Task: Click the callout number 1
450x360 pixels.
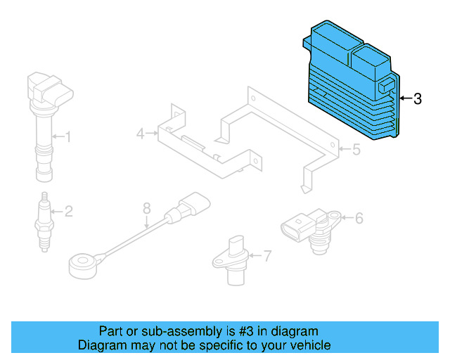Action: [x=67, y=136]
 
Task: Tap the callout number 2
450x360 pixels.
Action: [x=69, y=212]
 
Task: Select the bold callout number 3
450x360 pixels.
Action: [x=418, y=98]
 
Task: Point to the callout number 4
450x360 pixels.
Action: [x=141, y=134]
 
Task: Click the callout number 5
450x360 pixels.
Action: [x=356, y=150]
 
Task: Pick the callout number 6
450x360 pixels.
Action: [x=359, y=218]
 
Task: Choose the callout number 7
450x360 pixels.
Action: [x=267, y=256]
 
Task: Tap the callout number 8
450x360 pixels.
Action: [x=147, y=208]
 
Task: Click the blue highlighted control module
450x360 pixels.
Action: [x=352, y=80]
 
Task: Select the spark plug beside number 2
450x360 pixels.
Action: [x=44, y=222]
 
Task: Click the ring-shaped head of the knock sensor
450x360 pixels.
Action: [x=83, y=264]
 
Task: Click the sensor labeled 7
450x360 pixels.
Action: [x=232, y=261]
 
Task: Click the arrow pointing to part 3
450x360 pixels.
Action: [x=406, y=98]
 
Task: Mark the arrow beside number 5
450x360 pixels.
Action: [x=345, y=149]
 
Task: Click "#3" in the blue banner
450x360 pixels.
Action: [x=246, y=331]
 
